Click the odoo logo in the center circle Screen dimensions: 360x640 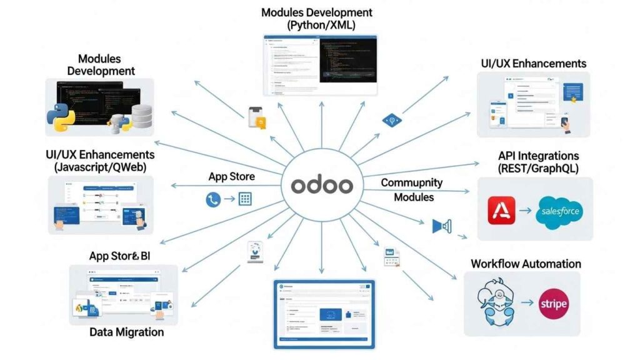(x=321, y=186)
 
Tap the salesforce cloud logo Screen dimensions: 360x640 (x=557, y=212)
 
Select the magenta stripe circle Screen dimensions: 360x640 (x=552, y=304)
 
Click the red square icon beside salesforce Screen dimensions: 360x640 (x=501, y=211)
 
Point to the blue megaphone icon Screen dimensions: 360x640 (x=441, y=226)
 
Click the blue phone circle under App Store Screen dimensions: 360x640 (x=212, y=200)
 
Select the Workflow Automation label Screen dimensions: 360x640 (x=526, y=264)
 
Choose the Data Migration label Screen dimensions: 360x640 (x=126, y=332)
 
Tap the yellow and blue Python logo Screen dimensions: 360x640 (x=60, y=116)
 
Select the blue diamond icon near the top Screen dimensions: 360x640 (x=392, y=121)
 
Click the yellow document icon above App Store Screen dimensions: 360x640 (x=257, y=118)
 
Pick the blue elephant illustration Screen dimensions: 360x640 (x=495, y=299)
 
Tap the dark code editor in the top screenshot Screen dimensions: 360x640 (x=348, y=62)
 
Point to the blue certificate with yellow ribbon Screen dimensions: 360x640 (x=572, y=92)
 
